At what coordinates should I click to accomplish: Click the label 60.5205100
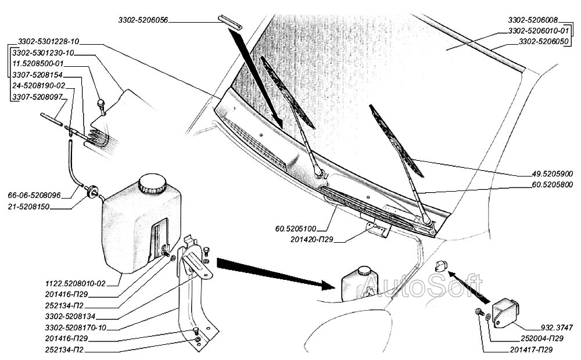(x=300, y=228)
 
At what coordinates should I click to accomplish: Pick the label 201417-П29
(x=527, y=350)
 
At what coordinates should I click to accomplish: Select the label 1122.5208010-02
(x=76, y=284)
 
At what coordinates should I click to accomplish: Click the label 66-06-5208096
(x=34, y=196)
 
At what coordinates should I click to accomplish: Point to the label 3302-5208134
(x=70, y=316)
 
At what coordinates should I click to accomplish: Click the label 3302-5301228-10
(x=49, y=42)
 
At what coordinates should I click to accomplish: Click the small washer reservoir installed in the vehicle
(x=356, y=284)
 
